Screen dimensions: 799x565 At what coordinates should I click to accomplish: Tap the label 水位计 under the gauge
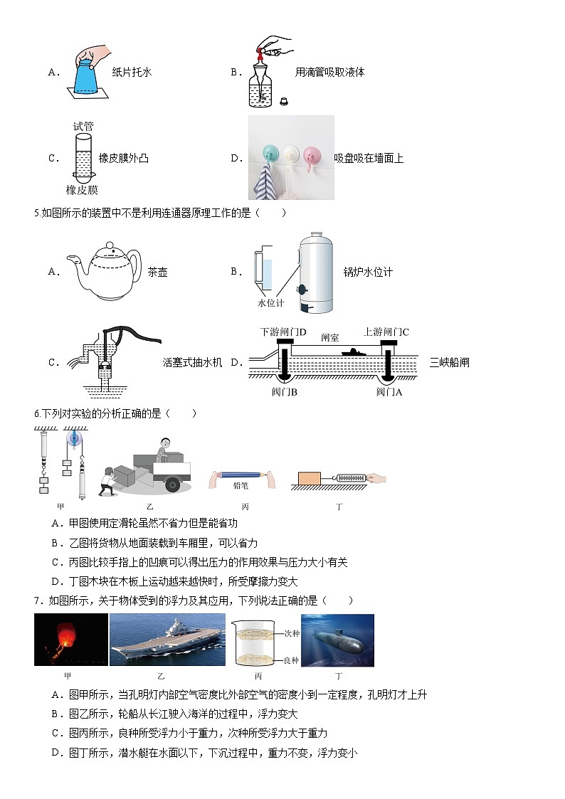pyautogui.click(x=270, y=302)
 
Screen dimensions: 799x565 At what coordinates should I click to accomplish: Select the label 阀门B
pyautogui.click(x=284, y=392)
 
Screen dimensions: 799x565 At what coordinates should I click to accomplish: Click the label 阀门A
pyautogui.click(x=389, y=392)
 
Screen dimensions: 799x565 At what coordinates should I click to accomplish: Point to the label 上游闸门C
pyautogui.click(x=386, y=332)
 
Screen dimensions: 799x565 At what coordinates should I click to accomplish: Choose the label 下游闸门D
pyautogui.click(x=283, y=332)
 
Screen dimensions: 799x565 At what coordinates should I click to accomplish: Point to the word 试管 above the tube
pyautogui.click(x=83, y=126)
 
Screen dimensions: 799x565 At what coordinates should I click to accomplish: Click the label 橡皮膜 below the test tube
pyautogui.click(x=82, y=190)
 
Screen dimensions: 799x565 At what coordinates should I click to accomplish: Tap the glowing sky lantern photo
pyautogui.click(x=71, y=640)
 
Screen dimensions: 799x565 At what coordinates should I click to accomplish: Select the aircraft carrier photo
pyautogui.click(x=167, y=640)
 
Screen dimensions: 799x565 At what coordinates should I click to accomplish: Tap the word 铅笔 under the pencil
pyautogui.click(x=241, y=486)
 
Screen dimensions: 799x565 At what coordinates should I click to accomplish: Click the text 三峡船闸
pyautogui.click(x=449, y=363)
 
